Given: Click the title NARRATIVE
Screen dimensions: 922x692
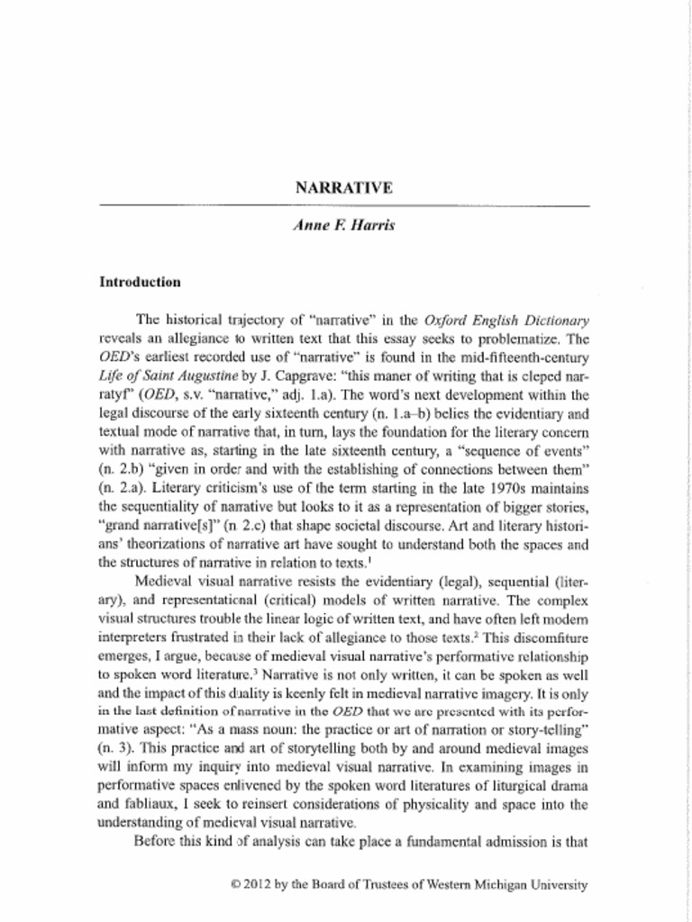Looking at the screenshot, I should coord(344,188).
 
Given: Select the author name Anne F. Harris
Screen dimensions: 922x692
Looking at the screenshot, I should coord(344,225).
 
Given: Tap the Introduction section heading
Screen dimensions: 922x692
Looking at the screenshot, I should coord(140,282).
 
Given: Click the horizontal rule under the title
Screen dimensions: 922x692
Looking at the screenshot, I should coord(344,206).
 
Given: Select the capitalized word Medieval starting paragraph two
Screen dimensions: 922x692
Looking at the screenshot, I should coord(161,583).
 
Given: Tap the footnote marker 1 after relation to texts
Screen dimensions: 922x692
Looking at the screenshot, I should coord(371,560).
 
